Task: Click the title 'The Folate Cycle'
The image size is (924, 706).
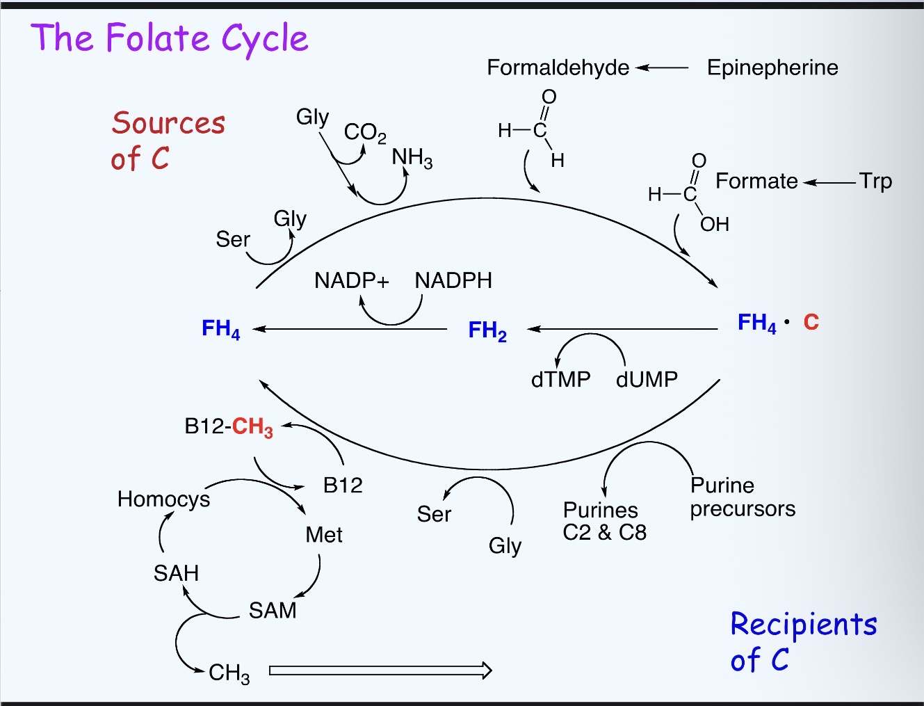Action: [169, 39]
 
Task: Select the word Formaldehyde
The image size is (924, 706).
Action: [558, 67]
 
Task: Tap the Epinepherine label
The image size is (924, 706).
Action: [772, 67]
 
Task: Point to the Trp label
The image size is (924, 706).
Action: [875, 181]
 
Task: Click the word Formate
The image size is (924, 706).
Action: [756, 181]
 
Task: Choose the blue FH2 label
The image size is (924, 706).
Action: [487, 330]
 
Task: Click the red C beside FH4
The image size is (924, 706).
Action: [811, 322]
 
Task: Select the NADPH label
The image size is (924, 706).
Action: [453, 280]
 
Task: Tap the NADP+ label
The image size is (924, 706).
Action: [351, 280]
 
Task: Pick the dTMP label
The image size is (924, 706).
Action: [560, 379]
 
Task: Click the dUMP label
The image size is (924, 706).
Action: [647, 379]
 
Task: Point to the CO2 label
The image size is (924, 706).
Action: [365, 132]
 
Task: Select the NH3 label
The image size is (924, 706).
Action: [412, 158]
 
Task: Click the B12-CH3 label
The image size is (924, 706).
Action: [229, 426]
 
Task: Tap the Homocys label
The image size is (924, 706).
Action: [163, 499]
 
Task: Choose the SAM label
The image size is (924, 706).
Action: [273, 610]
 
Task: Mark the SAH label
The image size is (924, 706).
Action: [176, 573]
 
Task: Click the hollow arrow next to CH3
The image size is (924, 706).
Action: [380, 671]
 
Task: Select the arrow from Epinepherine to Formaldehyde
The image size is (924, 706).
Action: [662, 67]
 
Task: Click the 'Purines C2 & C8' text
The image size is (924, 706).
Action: [604, 521]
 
